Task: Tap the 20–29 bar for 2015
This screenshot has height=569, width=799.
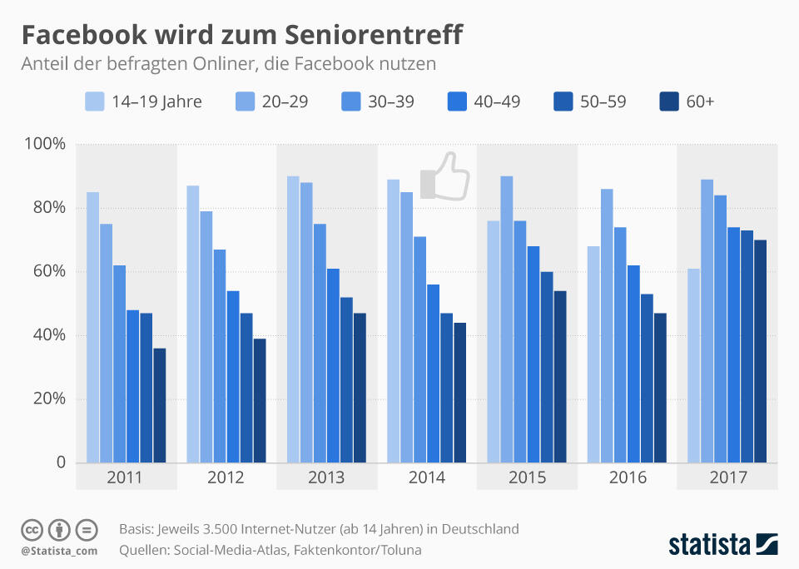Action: point(506,319)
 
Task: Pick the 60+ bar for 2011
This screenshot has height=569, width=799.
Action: point(160,405)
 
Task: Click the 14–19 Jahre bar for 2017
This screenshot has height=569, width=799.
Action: point(693,365)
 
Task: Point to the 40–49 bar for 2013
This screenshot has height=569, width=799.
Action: point(333,365)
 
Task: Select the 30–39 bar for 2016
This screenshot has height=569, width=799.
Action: point(620,344)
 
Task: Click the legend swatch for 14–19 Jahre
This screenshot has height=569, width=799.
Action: point(94,101)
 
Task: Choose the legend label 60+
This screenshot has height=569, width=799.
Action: point(700,101)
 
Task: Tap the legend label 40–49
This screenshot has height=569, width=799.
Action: point(497,101)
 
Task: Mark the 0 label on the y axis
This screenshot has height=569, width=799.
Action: point(60,463)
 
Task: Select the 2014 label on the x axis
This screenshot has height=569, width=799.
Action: point(426,477)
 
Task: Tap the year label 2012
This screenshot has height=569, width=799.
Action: point(226,477)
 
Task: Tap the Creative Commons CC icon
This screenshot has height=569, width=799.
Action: point(32,529)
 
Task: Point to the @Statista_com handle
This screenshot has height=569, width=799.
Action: point(59,551)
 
